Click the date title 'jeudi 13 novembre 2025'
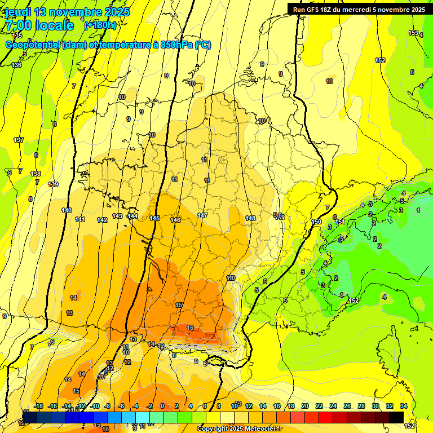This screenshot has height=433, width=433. pos(68,12)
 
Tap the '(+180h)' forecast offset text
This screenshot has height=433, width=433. pos(100,25)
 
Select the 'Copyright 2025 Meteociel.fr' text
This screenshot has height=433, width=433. pos(240,428)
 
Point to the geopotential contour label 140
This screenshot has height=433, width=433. pos(67,210)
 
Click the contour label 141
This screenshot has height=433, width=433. pos(80,219)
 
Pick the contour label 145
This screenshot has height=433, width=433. pos(155,218)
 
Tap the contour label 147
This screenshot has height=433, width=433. pos(202,216)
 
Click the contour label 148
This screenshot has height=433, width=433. pos(251,218)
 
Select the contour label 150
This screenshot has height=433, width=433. pos(316,222)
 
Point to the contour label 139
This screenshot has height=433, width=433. pos(53,184)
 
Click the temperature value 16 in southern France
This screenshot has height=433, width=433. pos(190,328)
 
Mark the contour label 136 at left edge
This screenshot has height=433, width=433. pos(17,65)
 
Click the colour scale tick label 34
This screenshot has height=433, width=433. pos(404,406)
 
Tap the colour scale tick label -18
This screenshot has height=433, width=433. pos(38,406)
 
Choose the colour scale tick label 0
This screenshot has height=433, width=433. pos(162,406)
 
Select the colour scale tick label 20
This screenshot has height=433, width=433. pos(305,406)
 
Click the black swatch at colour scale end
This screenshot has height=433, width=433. pos(396,418)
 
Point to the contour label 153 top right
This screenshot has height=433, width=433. pos(413,33)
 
